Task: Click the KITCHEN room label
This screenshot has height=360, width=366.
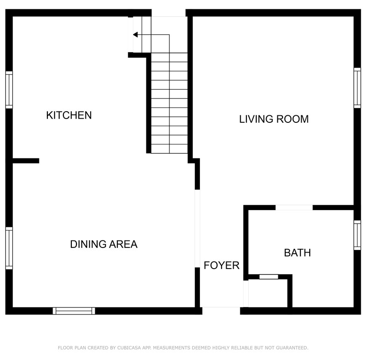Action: point(69,115)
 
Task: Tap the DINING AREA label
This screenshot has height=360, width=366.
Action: point(104,244)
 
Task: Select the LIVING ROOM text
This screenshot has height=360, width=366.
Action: point(274,119)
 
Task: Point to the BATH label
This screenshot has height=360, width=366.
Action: point(297,253)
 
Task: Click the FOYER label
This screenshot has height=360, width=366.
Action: point(221,265)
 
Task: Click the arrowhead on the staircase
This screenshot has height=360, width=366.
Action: point(136,35)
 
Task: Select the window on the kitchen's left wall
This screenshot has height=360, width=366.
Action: point(9,90)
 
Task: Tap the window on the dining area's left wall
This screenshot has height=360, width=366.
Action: point(9,248)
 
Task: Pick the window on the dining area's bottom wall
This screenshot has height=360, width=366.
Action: point(74,311)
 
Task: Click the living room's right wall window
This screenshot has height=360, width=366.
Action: point(357,88)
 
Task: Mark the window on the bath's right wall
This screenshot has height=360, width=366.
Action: point(357,235)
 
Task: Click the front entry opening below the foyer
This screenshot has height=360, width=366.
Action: point(221,311)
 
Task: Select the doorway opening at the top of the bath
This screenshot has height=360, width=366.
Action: point(294,208)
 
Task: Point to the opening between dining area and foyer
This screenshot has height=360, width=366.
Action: point(197,228)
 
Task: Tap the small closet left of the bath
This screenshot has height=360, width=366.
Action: point(268,293)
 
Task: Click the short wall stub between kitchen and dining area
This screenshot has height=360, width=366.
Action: point(26,161)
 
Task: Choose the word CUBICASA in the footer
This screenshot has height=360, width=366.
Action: point(129,348)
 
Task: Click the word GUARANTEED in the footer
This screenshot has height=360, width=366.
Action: point(292,348)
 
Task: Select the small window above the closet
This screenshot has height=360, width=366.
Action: point(269,277)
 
